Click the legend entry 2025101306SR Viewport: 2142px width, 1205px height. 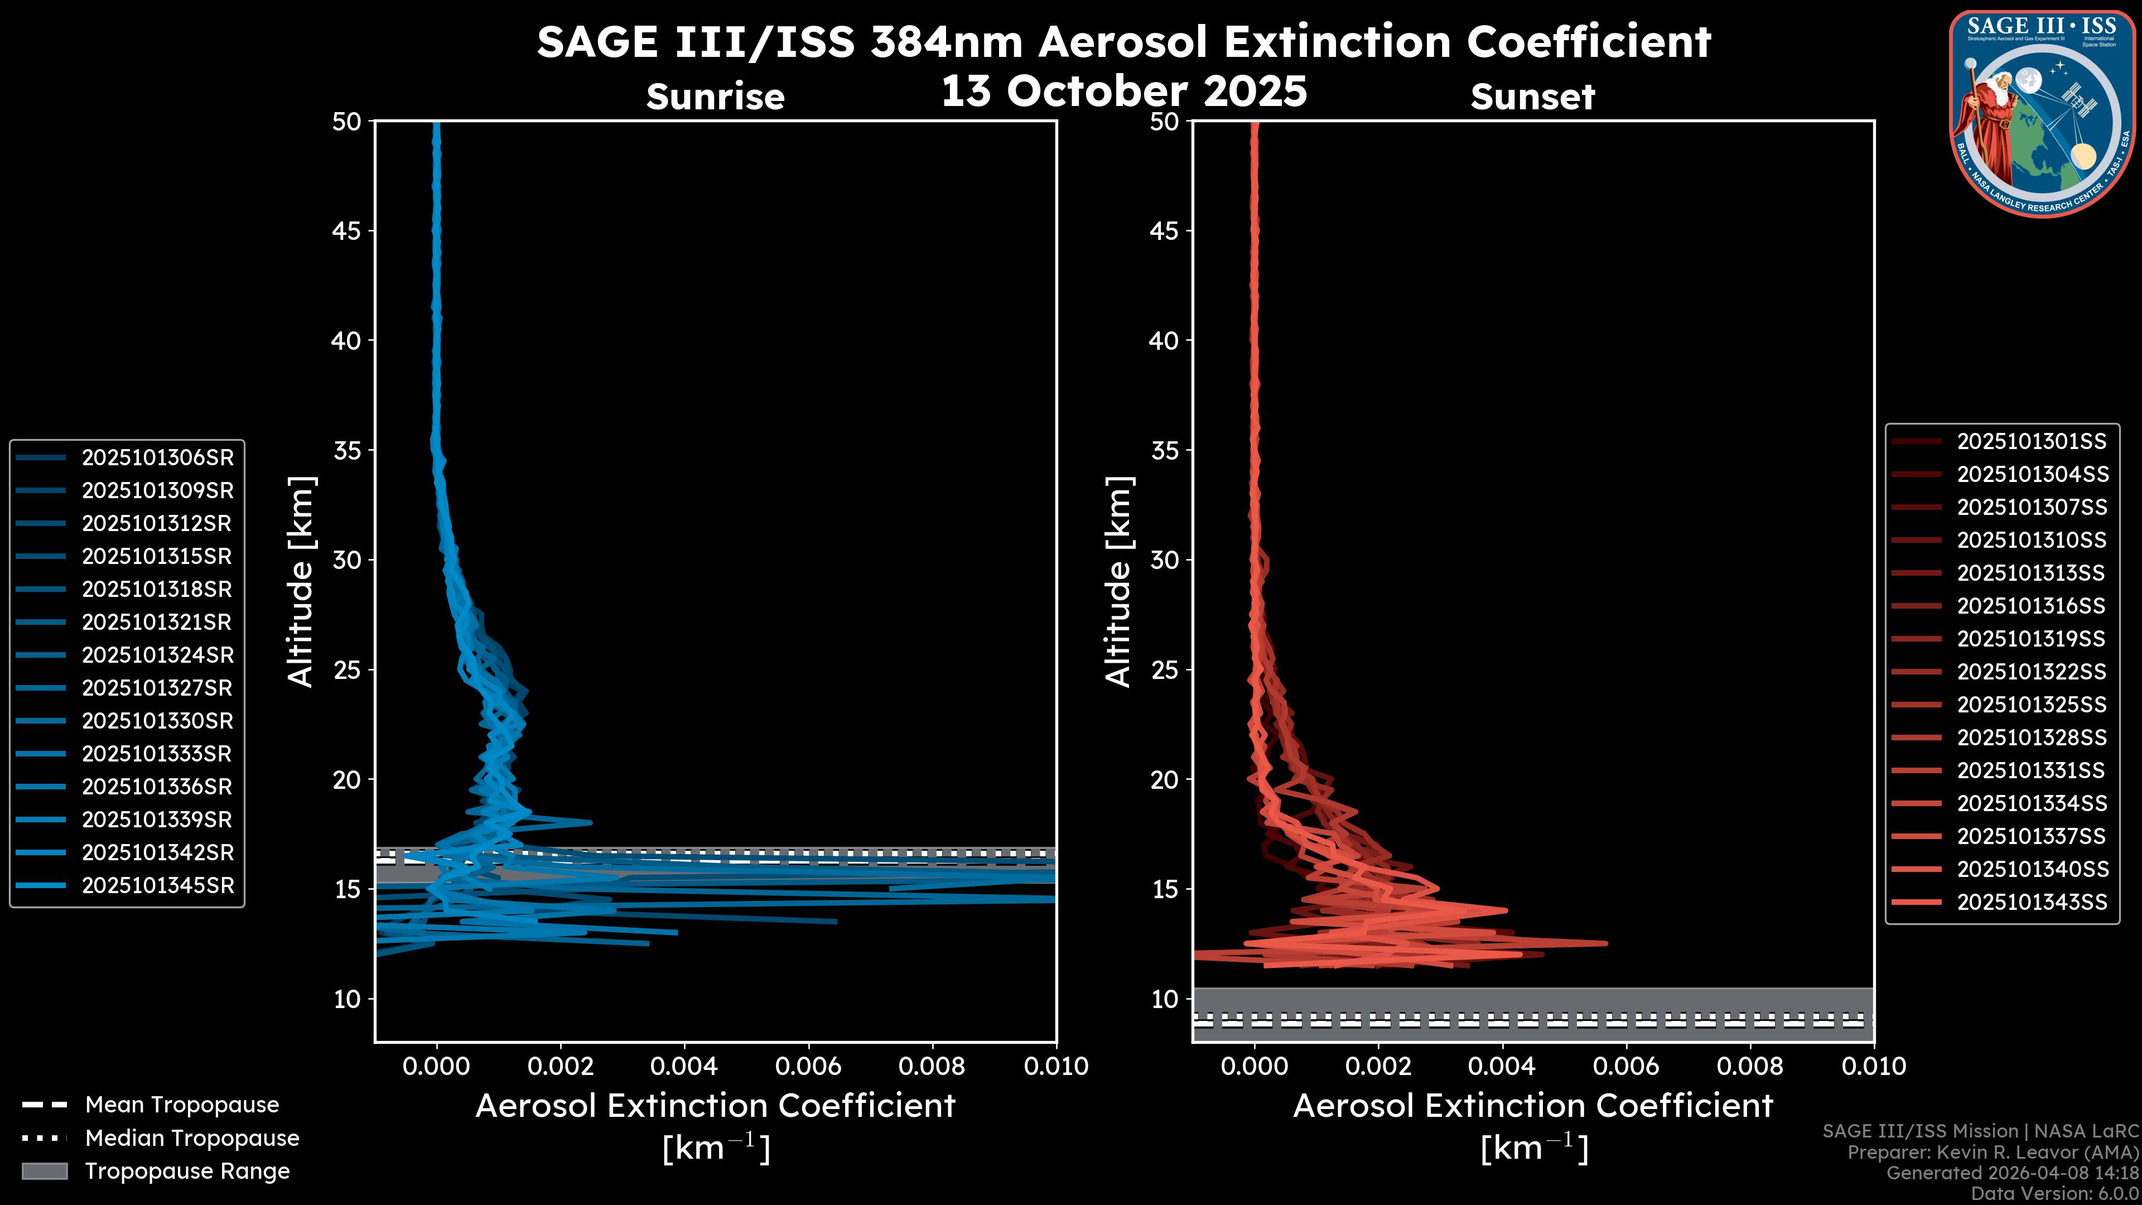(x=157, y=457)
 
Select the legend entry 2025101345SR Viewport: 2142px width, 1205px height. (x=157, y=886)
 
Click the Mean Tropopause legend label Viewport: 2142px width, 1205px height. (x=182, y=1105)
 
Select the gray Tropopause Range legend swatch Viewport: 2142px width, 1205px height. (x=45, y=1171)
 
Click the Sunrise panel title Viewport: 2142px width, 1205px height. (x=715, y=97)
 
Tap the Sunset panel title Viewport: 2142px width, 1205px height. (x=1532, y=97)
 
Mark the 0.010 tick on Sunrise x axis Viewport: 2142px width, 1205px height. (x=1055, y=1066)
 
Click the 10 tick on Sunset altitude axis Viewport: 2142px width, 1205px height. (x=1164, y=999)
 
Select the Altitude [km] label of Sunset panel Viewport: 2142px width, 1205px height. (x=1118, y=581)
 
